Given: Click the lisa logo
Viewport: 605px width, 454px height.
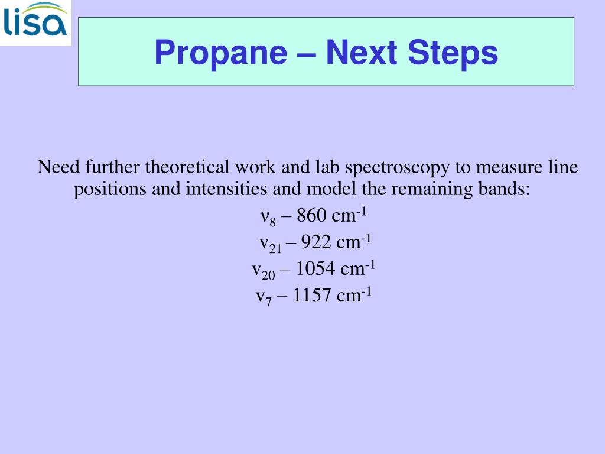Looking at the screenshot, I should click(35, 22).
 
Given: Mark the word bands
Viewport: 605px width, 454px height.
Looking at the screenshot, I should click(508, 190).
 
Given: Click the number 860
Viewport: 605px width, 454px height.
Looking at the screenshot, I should click(311, 216).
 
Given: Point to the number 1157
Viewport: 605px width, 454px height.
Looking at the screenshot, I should click(311, 296).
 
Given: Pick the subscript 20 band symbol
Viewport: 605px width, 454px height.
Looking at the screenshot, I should click(264, 271).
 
